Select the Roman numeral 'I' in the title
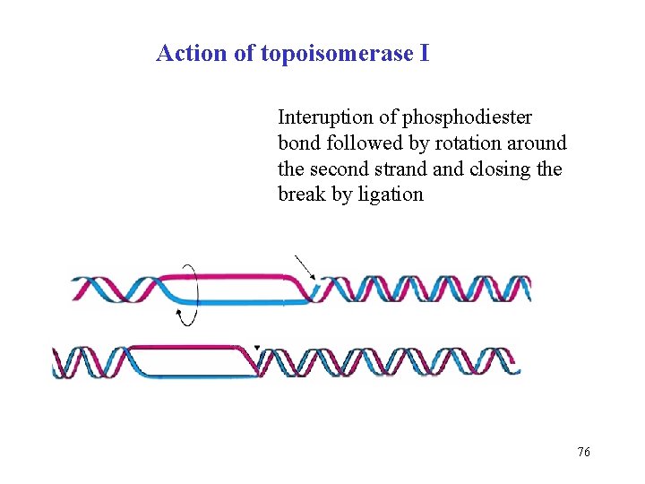424,53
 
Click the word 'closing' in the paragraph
498,169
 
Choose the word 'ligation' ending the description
390,194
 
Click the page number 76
583,453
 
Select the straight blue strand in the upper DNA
242,302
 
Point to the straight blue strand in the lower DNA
193,374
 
